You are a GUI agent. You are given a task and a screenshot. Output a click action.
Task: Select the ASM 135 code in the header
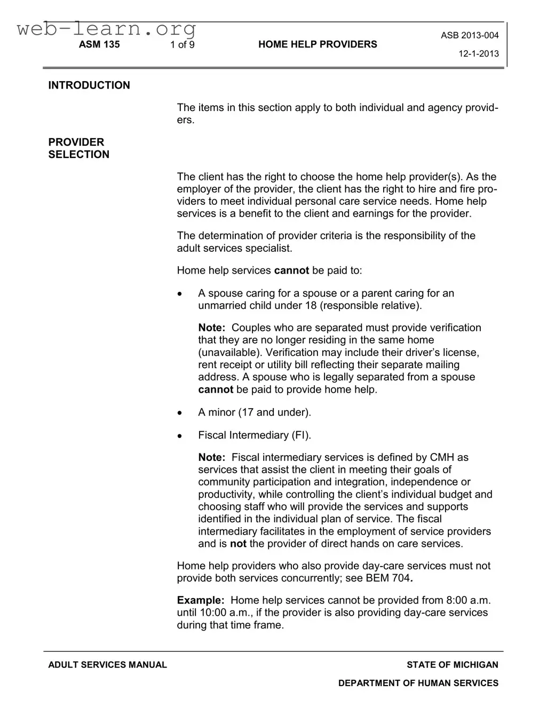[x=99, y=45]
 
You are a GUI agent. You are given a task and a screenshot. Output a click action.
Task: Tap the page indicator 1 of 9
[x=183, y=45]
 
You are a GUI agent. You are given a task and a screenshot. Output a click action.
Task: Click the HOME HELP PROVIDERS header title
[x=318, y=45]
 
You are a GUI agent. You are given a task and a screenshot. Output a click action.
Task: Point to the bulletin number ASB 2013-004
[x=470, y=36]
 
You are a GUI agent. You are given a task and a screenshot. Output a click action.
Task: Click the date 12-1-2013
[x=479, y=54]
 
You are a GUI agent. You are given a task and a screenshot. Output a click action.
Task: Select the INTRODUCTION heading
[x=89, y=85]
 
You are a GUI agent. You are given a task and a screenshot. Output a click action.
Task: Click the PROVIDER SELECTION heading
[x=78, y=148]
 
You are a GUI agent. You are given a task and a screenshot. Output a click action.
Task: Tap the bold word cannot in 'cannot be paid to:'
[x=291, y=271]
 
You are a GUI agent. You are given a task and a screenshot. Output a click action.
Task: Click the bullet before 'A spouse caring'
[x=180, y=294]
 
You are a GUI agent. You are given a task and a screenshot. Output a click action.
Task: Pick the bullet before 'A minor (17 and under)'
[x=180, y=413]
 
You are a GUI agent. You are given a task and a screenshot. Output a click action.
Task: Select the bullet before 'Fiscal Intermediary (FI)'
[x=180, y=436]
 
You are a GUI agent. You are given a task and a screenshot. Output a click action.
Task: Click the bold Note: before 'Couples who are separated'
[x=212, y=328]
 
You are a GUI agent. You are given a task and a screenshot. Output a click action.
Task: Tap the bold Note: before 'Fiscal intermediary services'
[x=212, y=457]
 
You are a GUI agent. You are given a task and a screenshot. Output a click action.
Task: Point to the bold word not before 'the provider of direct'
[x=238, y=544]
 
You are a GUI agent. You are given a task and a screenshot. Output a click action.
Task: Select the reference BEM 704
[x=388, y=578]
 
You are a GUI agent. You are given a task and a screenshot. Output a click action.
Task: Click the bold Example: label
[x=201, y=600]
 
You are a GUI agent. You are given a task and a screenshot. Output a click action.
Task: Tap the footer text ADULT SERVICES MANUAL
[x=107, y=665]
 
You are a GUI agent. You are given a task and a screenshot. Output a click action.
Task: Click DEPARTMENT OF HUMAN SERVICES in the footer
[x=418, y=683]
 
